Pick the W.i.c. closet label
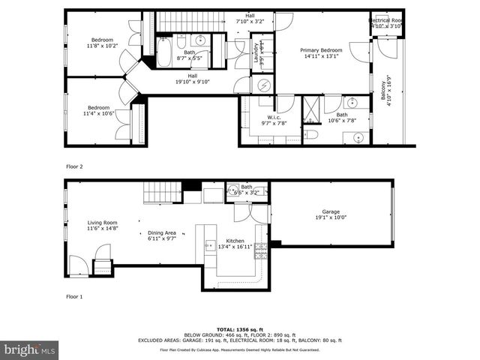(269, 119)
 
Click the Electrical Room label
(388, 21)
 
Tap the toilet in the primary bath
(312, 135)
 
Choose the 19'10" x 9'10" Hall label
(193, 78)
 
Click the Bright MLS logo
(31, 349)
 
